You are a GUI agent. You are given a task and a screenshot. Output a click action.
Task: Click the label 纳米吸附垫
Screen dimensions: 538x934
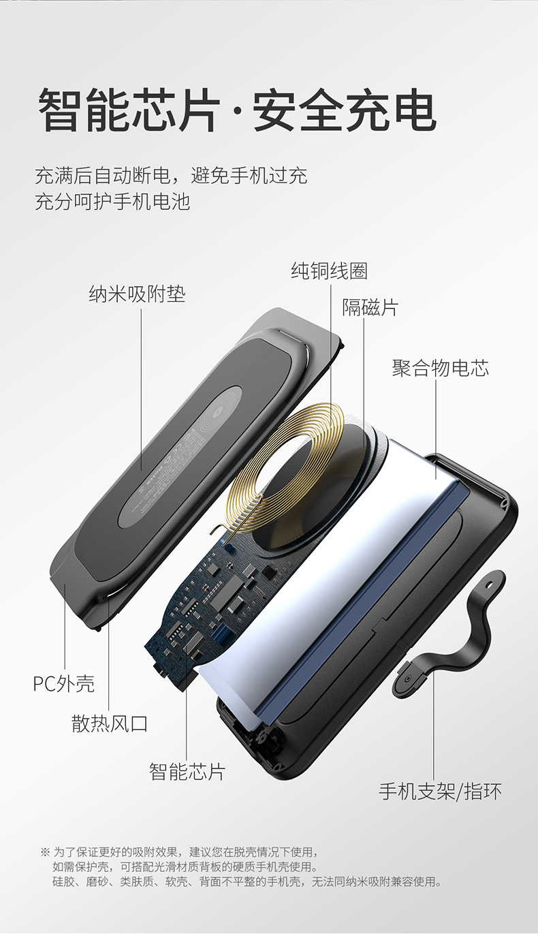tap(137, 294)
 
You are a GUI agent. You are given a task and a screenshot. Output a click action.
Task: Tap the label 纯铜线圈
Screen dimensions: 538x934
tap(329, 270)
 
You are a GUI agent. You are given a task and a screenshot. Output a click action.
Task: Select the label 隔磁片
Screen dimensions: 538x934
tap(370, 307)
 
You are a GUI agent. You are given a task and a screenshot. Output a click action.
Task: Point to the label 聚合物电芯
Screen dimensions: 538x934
tap(440, 368)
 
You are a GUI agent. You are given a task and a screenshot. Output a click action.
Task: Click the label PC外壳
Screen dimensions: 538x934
tap(64, 683)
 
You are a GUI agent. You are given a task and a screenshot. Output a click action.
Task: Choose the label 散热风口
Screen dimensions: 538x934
tap(110, 723)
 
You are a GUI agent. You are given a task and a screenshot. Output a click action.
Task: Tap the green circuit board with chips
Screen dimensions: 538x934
tap(208, 600)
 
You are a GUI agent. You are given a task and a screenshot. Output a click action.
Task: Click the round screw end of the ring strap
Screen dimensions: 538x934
tap(409, 679)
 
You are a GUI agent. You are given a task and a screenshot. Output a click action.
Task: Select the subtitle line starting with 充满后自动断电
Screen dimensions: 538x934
tap(171, 176)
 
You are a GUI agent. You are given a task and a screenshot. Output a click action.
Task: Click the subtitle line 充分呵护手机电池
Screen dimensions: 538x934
tap(112, 202)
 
